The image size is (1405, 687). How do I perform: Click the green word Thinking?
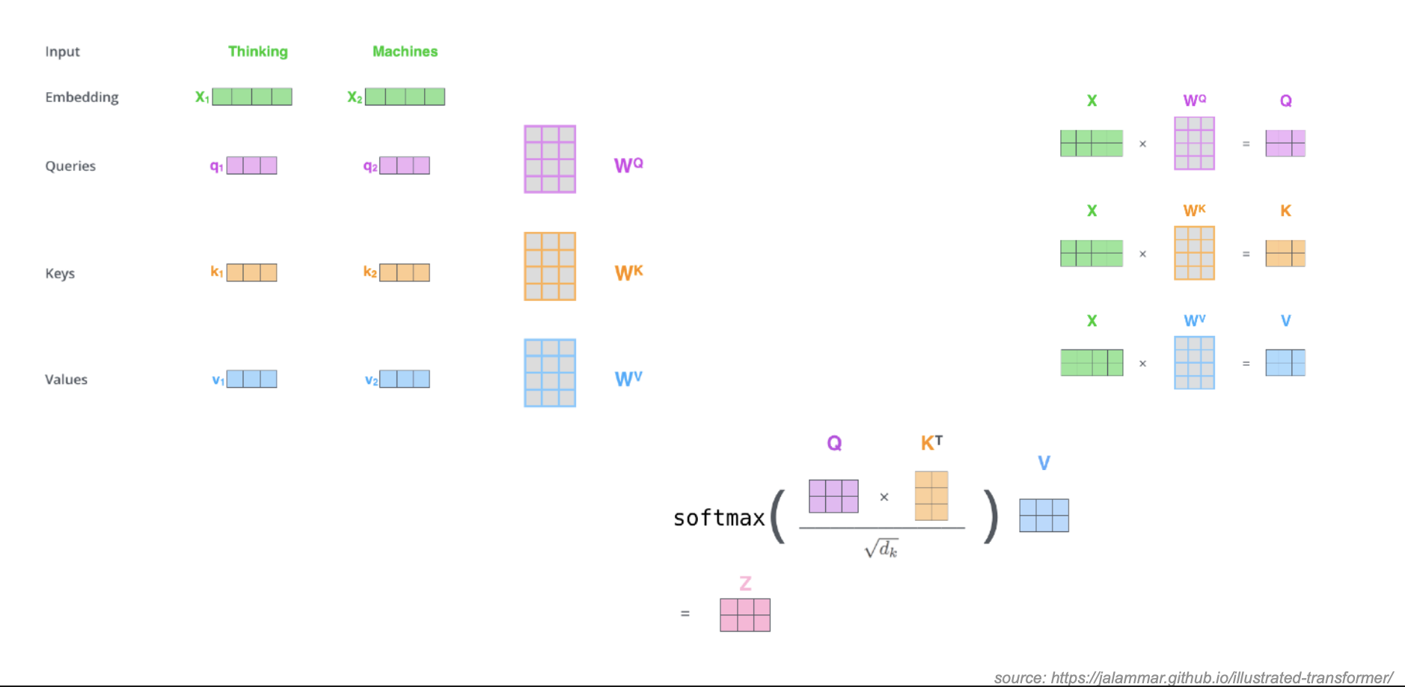[257, 52]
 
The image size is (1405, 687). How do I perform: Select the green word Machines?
[405, 52]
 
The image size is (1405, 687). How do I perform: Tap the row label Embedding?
[82, 97]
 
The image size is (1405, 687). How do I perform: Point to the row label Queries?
[70, 166]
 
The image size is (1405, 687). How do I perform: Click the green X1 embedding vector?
[252, 97]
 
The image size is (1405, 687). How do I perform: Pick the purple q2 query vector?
[404, 165]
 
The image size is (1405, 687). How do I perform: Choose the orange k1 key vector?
[251, 272]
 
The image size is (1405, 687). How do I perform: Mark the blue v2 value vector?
[404, 379]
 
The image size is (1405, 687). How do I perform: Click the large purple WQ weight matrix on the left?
[550, 159]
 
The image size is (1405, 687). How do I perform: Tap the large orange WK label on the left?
[628, 272]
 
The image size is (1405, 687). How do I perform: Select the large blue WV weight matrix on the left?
[550, 373]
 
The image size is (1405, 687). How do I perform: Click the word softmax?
[718, 518]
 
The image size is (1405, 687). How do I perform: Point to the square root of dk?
[881, 549]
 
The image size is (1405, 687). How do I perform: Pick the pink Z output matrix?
[744, 614]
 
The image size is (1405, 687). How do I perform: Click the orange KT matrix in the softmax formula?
[931, 495]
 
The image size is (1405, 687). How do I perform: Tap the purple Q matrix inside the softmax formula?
[833, 496]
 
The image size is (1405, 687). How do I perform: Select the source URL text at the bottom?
[1193, 677]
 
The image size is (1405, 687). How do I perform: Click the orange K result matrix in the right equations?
[1285, 253]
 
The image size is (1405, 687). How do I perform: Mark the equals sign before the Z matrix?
[685, 614]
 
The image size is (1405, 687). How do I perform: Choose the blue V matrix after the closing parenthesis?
[1044, 516]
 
